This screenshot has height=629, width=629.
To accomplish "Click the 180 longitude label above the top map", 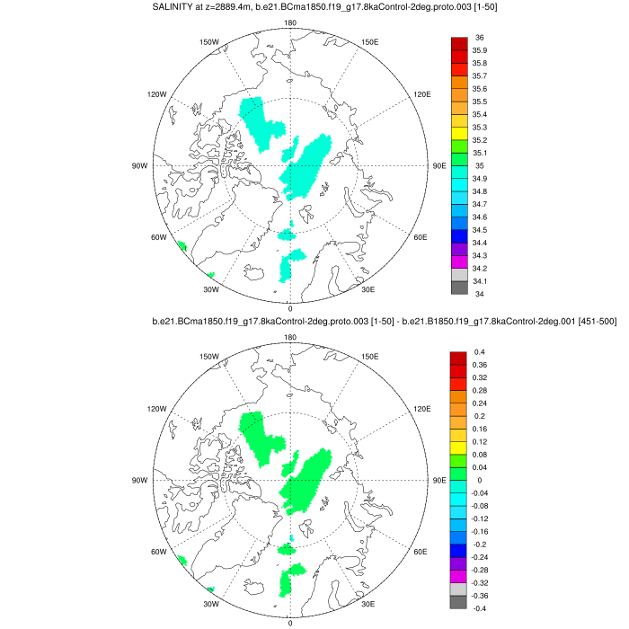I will pyautogui.click(x=289, y=23).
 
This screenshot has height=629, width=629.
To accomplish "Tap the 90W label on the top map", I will pyautogui.click(x=140, y=166).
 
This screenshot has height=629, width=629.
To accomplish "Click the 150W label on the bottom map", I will pyautogui.click(x=209, y=357).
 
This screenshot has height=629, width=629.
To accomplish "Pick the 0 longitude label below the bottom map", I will pyautogui.click(x=289, y=623).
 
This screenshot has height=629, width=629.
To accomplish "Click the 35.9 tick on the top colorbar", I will pyautogui.click(x=480, y=50).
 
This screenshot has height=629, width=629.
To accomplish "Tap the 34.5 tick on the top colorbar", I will pyautogui.click(x=480, y=230).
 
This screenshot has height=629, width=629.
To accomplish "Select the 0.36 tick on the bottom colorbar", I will pyautogui.click(x=480, y=365).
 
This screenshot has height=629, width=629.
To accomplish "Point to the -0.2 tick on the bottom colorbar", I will pyautogui.click(x=480, y=545).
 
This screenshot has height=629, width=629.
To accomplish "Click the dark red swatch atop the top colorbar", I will pyautogui.click(x=458, y=44).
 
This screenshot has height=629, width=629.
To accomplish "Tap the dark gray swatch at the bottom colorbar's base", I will pyautogui.click(x=458, y=602).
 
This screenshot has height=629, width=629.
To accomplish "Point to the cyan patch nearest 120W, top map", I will pyautogui.click(x=261, y=122).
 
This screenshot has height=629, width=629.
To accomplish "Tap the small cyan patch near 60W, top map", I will pyautogui.click(x=182, y=245).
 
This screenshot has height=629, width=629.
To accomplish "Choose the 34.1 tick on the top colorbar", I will pyautogui.click(x=480, y=281).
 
